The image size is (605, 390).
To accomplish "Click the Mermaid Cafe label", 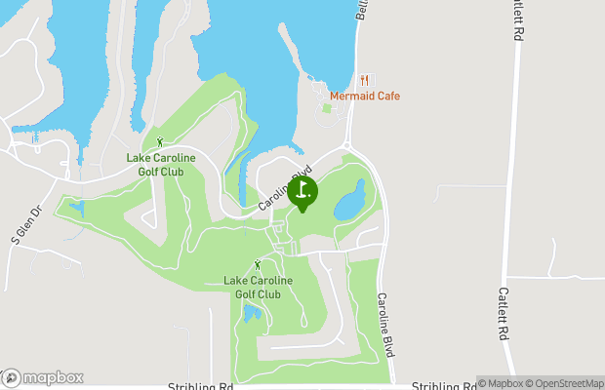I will click(364, 97).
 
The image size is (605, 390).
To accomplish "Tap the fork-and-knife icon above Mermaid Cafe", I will click(364, 80).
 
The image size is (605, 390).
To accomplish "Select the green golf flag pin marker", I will click(302, 192).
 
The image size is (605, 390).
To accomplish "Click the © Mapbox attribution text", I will click(501, 383).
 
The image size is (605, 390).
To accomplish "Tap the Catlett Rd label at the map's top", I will click(514, 19).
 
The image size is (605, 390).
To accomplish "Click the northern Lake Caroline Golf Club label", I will click(161, 164).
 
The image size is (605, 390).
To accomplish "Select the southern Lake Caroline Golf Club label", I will click(258, 287).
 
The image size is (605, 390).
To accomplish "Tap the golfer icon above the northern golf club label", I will click(160, 142).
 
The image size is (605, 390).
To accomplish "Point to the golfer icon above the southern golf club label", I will click(258, 265).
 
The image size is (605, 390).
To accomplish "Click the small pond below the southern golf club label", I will click(252, 313).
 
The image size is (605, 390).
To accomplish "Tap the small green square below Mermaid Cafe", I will click(326, 108).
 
